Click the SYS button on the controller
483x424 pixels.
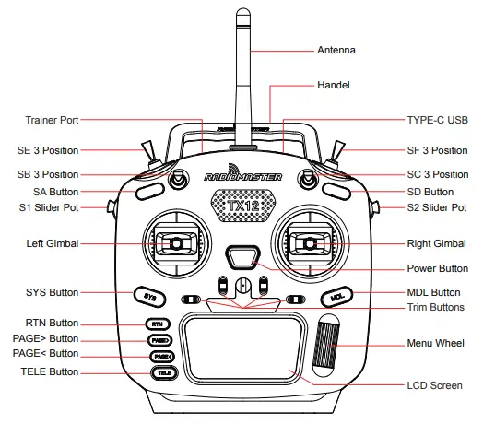(150, 297)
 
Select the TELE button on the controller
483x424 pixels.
(162, 373)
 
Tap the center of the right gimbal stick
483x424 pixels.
(310, 243)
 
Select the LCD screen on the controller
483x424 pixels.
(242, 347)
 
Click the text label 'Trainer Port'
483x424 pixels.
(52, 120)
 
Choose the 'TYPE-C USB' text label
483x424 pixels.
(438, 120)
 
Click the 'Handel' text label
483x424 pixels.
(335, 85)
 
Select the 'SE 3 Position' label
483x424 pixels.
(48, 150)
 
